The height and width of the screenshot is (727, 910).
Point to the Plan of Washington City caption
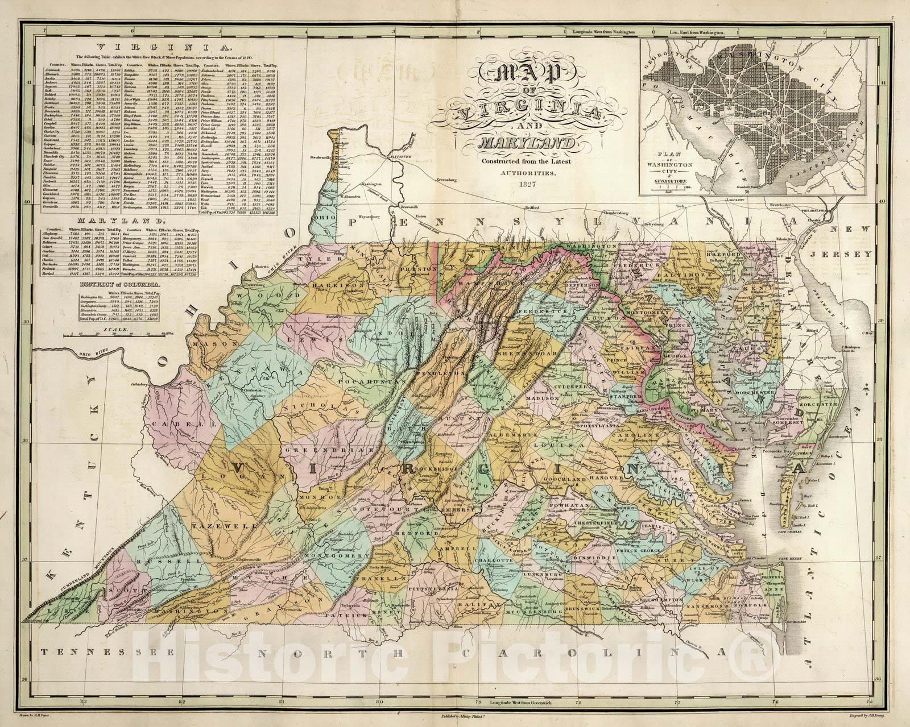coord(672,171)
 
